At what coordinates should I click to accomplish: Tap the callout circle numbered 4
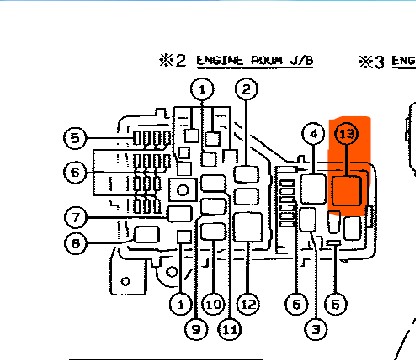click(313, 133)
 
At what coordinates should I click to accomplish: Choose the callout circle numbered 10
click(212, 301)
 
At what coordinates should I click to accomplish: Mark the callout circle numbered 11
click(230, 327)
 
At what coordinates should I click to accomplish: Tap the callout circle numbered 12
click(247, 303)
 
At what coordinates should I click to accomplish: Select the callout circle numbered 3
click(314, 326)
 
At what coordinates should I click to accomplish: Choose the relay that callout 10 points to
click(214, 232)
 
